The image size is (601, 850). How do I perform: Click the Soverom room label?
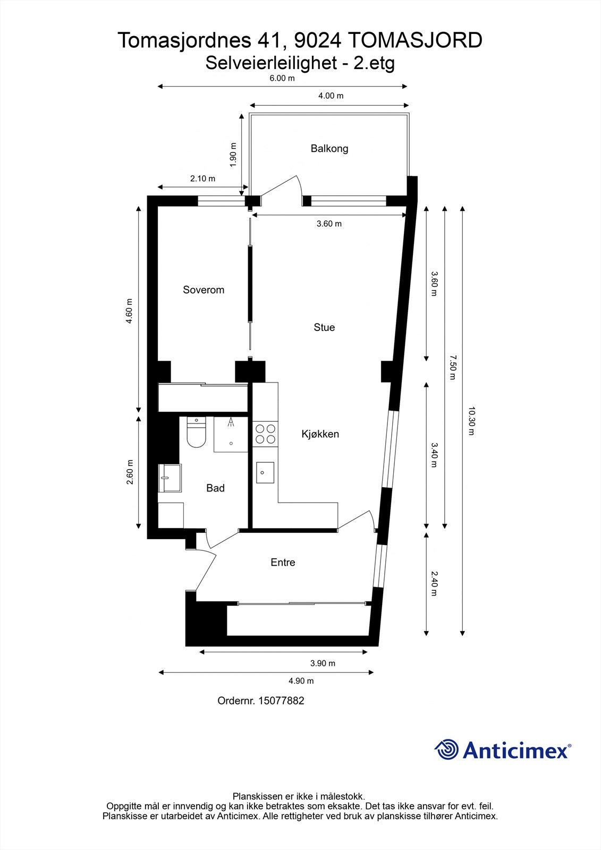click(x=204, y=290)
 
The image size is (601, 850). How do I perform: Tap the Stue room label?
click(x=324, y=327)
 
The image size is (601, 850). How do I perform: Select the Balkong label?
click(x=329, y=149)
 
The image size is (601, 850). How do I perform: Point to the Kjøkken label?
click(x=320, y=434)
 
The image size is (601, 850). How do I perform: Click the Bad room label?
click(x=215, y=488)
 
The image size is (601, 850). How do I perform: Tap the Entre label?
click(x=283, y=563)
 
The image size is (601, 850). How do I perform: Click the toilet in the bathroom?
click(x=196, y=432)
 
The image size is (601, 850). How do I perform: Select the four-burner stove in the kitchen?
click(x=265, y=433)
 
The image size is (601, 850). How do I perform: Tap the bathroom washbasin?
click(x=170, y=478)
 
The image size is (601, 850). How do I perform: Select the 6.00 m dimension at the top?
click(x=282, y=79)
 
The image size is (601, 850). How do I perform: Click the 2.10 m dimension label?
click(x=202, y=179)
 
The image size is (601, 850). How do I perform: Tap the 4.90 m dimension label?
click(x=301, y=681)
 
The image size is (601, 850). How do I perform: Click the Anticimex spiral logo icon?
click(x=446, y=750)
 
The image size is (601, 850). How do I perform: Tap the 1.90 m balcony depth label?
click(x=233, y=155)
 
